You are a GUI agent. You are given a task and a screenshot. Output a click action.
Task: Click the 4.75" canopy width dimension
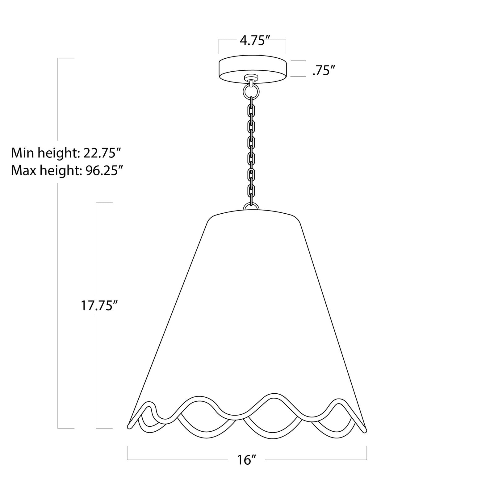pyautogui.click(x=253, y=41)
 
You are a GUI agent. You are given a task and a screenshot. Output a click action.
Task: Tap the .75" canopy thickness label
pyautogui.click(x=324, y=71)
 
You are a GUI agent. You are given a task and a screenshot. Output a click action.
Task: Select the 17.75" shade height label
pyautogui.click(x=99, y=305)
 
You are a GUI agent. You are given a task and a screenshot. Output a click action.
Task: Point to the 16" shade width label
pyautogui.click(x=247, y=460)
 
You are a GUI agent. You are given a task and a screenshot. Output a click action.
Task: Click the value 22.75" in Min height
pyautogui.click(x=102, y=153)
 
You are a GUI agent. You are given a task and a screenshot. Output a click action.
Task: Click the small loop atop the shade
pyautogui.click(x=251, y=206)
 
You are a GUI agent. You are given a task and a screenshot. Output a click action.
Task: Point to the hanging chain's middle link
pyautogui.click(x=252, y=143)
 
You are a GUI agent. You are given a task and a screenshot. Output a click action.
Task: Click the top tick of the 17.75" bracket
pyautogui.click(x=104, y=203)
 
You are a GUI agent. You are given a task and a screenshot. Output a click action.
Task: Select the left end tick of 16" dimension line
pyautogui.click(x=128, y=453)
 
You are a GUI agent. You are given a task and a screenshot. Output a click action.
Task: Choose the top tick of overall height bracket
pyautogui.click(x=66, y=58)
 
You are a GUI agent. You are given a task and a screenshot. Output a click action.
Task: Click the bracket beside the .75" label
pyautogui.click(x=305, y=68)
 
